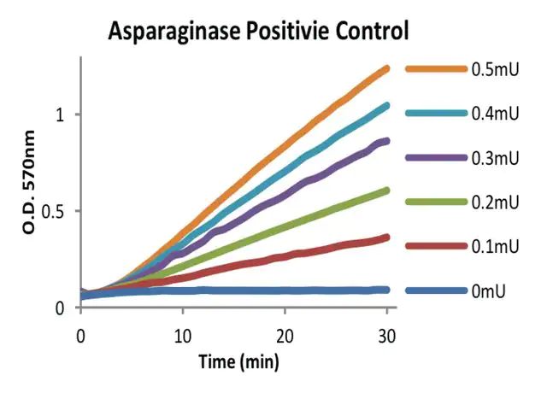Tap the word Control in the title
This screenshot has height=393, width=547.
point(365,32)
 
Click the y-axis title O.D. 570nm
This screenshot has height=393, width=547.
point(30,180)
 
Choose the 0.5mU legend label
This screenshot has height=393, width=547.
point(493,69)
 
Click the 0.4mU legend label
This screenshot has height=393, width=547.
point(493,114)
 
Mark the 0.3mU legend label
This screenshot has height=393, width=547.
point(493,158)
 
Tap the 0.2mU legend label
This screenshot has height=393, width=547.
point(493,202)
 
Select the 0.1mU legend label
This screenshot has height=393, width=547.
point(493,247)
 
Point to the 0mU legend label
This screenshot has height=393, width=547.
point(488,291)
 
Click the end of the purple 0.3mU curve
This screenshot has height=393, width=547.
point(386,141)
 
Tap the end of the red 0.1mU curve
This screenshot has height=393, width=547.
point(386,238)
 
